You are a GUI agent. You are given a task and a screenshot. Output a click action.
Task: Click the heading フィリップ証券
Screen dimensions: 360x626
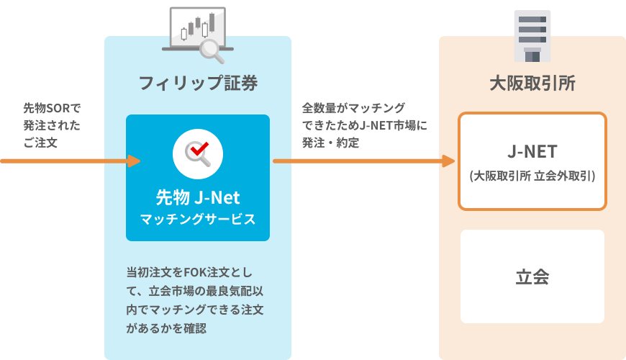coord(198,83)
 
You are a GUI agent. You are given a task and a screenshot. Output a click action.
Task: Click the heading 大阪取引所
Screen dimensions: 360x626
coord(532,83)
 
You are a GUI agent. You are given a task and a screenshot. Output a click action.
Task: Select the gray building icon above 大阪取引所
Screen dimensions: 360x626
coord(532,35)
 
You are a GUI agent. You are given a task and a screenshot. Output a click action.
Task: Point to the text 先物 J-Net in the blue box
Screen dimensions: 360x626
coord(198,196)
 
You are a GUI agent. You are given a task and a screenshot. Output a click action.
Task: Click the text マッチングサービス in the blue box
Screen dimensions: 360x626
coord(198,219)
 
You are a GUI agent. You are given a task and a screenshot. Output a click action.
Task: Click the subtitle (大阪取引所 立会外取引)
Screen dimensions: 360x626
coord(532,175)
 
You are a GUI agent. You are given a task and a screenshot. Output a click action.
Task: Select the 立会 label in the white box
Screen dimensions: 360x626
coord(532,277)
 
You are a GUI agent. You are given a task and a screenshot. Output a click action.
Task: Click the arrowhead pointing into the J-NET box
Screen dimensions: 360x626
coord(448,161)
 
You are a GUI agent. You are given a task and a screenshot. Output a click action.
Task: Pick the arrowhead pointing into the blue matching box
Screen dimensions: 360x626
coord(133,161)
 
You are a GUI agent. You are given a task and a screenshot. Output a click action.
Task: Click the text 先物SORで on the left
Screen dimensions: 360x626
coord(52,108)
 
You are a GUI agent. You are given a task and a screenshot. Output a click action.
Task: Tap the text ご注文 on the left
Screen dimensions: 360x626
coord(40,143)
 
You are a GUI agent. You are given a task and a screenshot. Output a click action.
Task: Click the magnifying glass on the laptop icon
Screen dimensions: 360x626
coord(212,48)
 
